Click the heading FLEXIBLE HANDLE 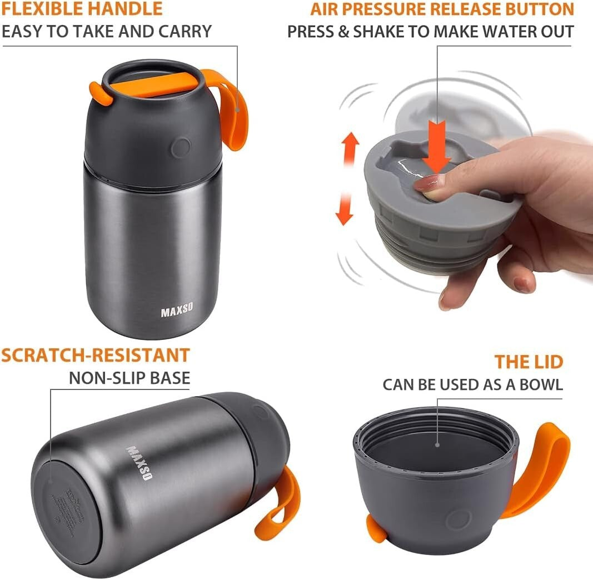(x=82, y=9)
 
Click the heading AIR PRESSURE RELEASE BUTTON (x=442, y=9)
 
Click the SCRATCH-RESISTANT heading (x=95, y=355)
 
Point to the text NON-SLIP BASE (x=129, y=378)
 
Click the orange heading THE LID (x=529, y=362)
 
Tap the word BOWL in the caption (x=539, y=384)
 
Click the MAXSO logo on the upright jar (x=177, y=312)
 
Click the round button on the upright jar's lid (x=181, y=148)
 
